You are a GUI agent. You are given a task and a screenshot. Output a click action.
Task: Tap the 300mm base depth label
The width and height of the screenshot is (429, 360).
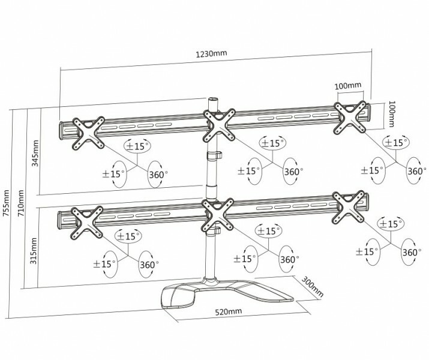(x=312, y=287)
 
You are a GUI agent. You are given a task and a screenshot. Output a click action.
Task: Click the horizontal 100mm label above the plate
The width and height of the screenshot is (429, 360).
(x=349, y=86)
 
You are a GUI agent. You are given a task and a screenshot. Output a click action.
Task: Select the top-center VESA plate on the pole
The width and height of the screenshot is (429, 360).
(x=221, y=125)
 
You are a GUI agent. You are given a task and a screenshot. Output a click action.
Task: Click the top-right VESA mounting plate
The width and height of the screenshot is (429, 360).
(x=351, y=115)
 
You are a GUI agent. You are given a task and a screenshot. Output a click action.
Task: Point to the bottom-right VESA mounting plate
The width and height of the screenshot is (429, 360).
(x=349, y=206)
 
